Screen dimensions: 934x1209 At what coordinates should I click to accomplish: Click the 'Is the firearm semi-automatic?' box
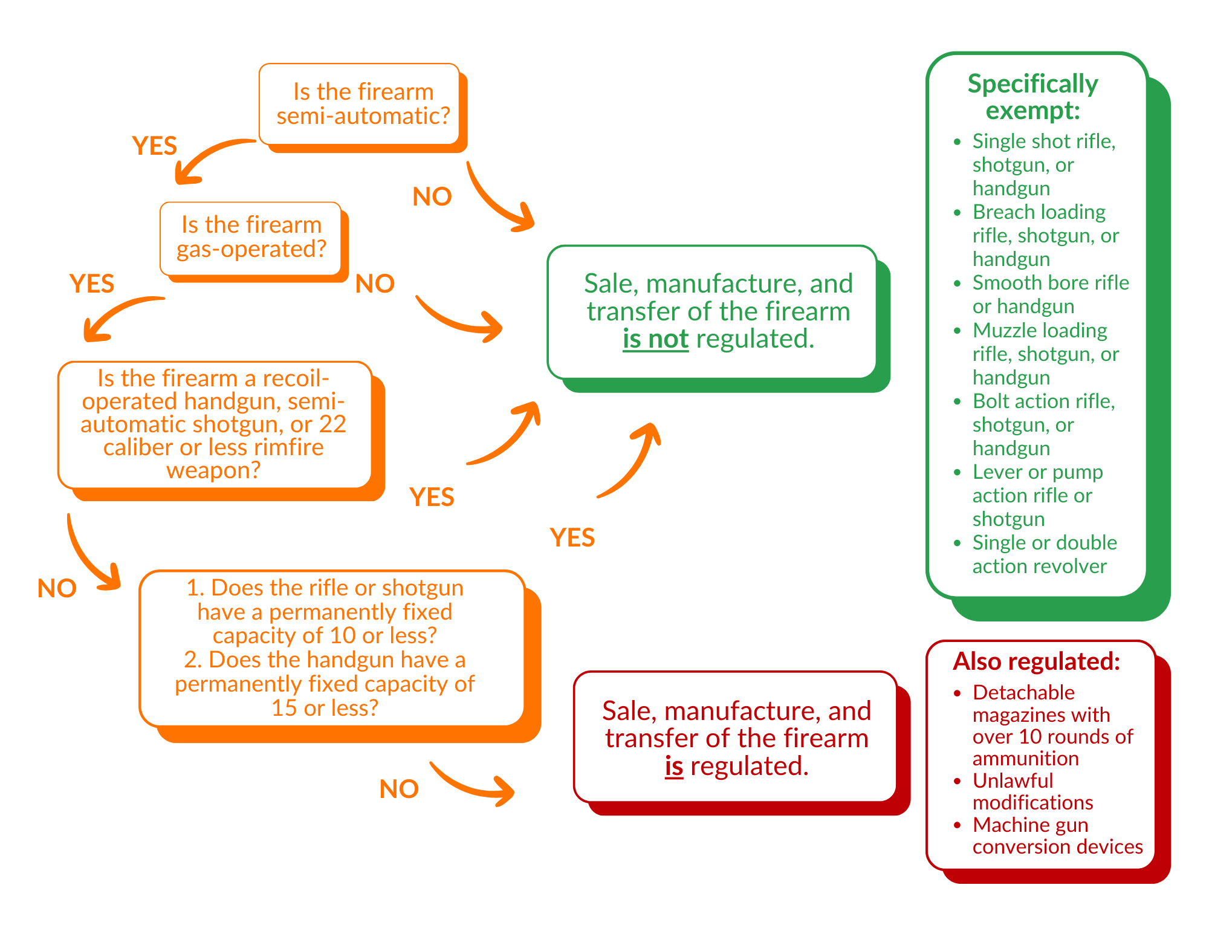pyautogui.click(x=363, y=104)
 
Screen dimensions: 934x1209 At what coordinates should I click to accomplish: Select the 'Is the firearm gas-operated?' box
pyautogui.click(x=251, y=237)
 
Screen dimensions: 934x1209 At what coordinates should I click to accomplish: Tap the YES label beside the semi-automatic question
pyautogui.click(x=154, y=146)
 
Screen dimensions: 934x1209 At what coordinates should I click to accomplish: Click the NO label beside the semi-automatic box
pyautogui.click(x=432, y=197)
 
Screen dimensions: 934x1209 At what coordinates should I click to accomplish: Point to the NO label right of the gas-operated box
pyautogui.click(x=375, y=284)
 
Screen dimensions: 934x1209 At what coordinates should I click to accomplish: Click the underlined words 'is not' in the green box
pyautogui.click(x=655, y=339)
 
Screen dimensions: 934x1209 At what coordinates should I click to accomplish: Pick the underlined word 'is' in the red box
pyautogui.click(x=673, y=767)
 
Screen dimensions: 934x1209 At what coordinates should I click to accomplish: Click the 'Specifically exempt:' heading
pyautogui.click(x=1032, y=97)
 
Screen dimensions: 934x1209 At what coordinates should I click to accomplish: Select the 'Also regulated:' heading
pyautogui.click(x=1036, y=661)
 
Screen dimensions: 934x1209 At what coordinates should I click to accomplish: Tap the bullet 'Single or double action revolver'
pyautogui.click(x=1045, y=554)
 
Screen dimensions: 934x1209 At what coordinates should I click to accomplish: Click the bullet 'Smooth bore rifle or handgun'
pyautogui.click(x=1050, y=294)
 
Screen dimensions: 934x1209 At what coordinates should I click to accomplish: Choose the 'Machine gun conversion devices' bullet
pyautogui.click(x=1057, y=835)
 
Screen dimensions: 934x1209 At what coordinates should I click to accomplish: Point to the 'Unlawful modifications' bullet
pyautogui.click(x=1032, y=791)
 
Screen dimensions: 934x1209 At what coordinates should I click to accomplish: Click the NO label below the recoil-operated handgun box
pyautogui.click(x=57, y=588)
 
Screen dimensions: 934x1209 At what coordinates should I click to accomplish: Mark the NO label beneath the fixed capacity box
pyautogui.click(x=399, y=789)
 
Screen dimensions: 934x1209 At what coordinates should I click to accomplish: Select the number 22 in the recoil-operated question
pyautogui.click(x=332, y=424)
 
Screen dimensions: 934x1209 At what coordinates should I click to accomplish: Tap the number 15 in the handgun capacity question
pyautogui.click(x=284, y=708)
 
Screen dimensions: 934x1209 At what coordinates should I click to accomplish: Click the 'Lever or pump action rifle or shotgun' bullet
pyautogui.click(x=1037, y=495)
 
